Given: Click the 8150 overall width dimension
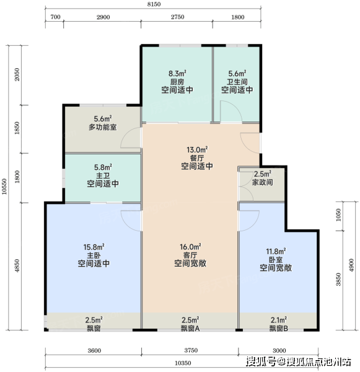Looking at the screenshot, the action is click(x=154, y=4).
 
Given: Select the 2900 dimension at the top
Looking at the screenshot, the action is click(x=103, y=17).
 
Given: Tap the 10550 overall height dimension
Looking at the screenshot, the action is click(x=4, y=186).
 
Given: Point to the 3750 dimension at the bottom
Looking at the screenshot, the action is click(x=191, y=350).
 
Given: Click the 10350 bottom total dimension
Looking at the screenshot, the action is click(x=183, y=363).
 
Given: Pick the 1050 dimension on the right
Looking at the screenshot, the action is click(x=338, y=215).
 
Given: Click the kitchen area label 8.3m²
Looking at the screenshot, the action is click(x=177, y=73).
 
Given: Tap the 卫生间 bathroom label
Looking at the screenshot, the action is click(x=237, y=82).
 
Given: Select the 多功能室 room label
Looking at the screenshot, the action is click(x=103, y=127).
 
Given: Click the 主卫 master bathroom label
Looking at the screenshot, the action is click(x=103, y=176).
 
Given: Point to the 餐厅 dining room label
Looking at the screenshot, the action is click(x=197, y=158).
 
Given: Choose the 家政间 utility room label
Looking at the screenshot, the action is click(x=262, y=182).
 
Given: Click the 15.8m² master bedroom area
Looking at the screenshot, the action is click(x=94, y=247).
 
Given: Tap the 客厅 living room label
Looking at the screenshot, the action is click(x=190, y=255).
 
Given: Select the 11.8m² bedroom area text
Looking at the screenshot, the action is click(x=276, y=251).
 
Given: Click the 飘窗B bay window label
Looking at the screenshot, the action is click(x=279, y=329).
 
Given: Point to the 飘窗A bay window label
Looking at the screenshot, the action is click(x=190, y=329).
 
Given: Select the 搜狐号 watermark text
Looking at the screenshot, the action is click(x=261, y=362).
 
